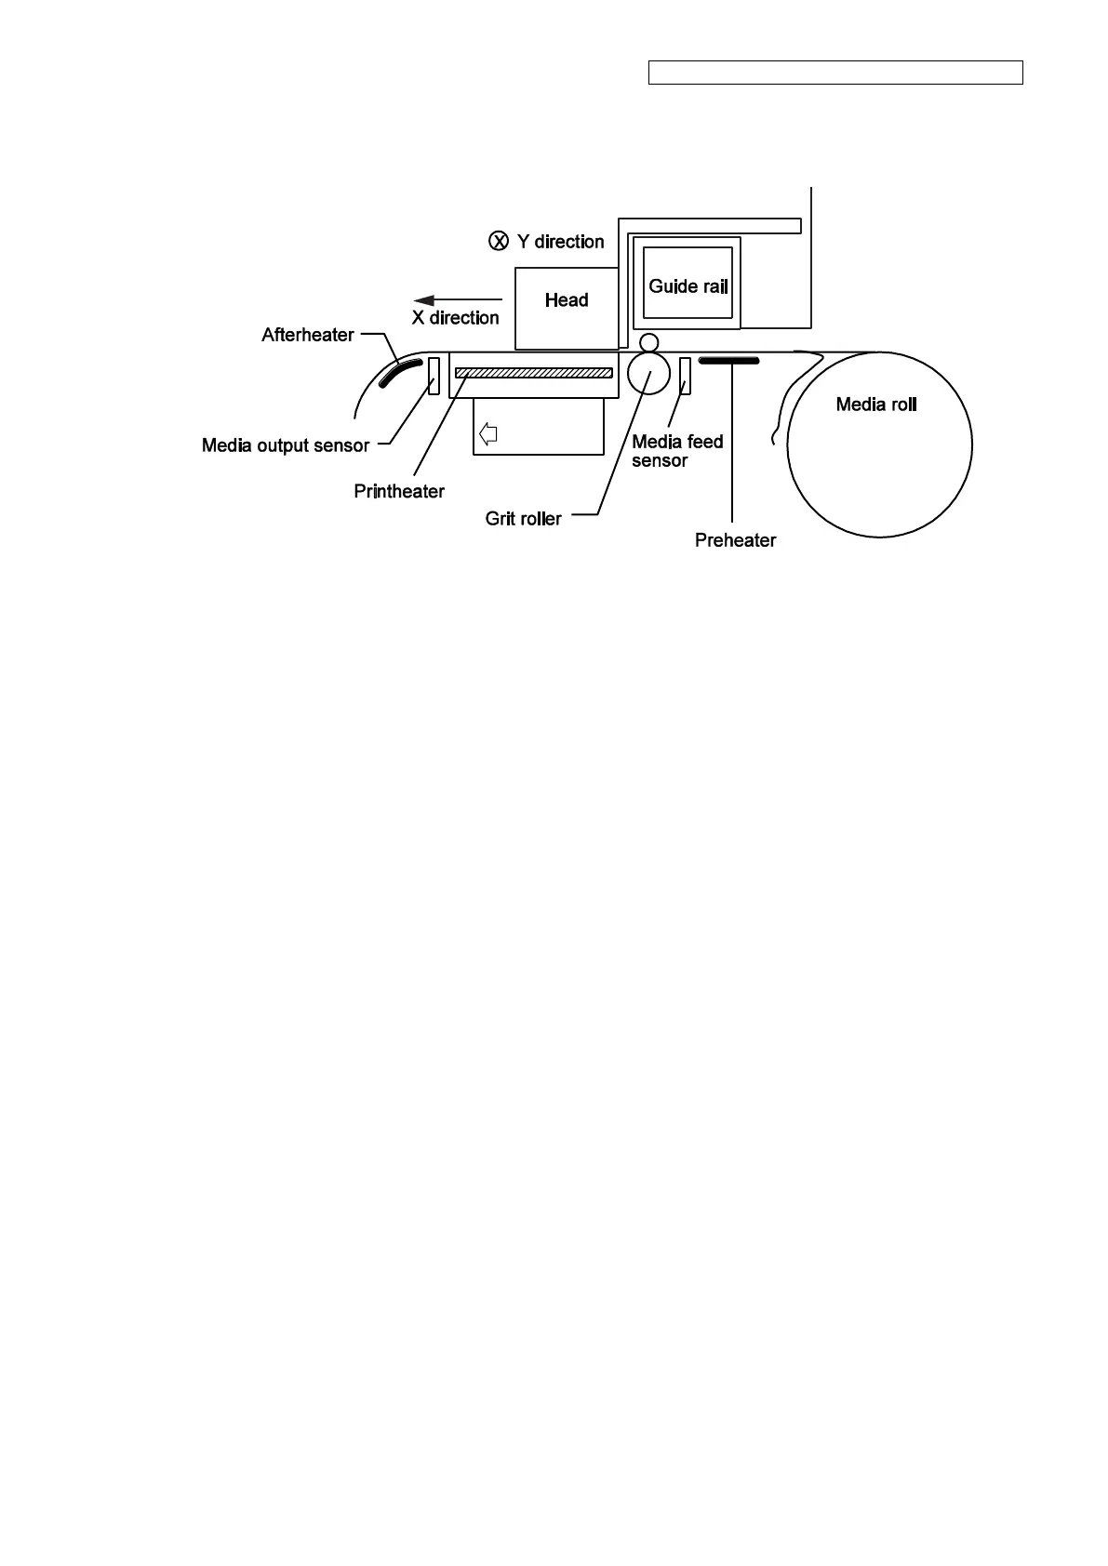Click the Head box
coord(567,308)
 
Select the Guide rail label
coord(687,286)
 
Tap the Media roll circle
coord(879,445)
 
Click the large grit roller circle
coord(648,373)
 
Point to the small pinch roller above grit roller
coord(648,342)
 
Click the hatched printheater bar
coord(534,373)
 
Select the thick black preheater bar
coord(729,360)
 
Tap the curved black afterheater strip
coord(401,372)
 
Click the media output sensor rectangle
coord(434,375)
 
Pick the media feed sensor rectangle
coord(685,376)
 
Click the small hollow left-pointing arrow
coord(488,433)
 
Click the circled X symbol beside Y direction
coord(499,242)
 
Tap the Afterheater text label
coord(308,335)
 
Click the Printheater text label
coord(399,491)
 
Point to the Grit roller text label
coord(523,519)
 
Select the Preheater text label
coord(735,540)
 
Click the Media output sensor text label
coord(286,445)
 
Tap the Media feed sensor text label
coord(676,451)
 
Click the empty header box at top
coord(835,73)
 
